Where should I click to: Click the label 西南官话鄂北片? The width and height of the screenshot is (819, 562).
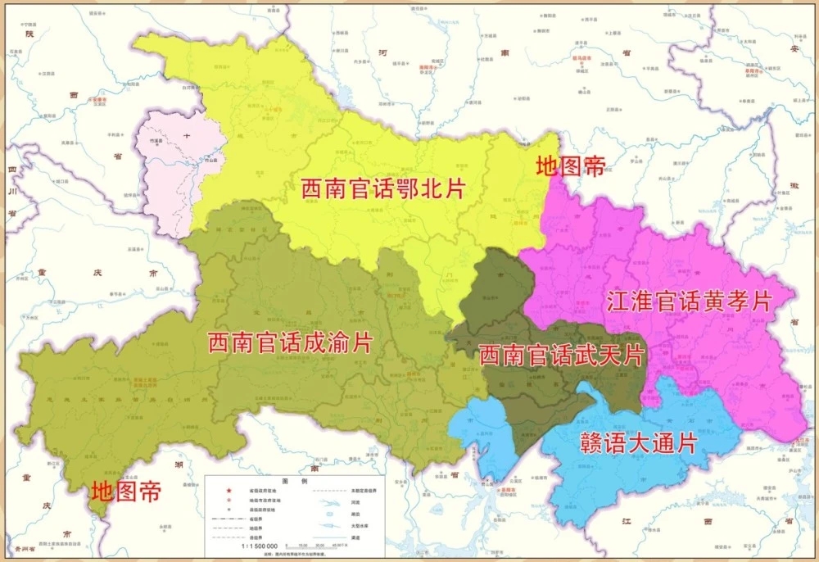(382, 189)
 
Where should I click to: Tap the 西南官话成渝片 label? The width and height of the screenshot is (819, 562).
(290, 342)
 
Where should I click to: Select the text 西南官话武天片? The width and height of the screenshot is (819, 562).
(561, 356)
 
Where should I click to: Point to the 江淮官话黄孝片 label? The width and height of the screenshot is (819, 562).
(690, 301)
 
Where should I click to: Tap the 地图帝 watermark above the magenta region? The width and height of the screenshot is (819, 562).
(570, 167)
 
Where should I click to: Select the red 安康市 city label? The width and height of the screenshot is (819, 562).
(100, 100)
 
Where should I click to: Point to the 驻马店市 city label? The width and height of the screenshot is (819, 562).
(586, 60)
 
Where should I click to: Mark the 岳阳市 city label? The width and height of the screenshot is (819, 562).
(512, 489)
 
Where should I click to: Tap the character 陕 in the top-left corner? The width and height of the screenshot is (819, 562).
(30, 34)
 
